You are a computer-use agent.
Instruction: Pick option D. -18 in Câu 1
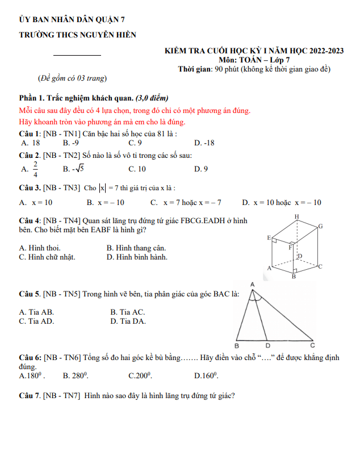click(204, 143)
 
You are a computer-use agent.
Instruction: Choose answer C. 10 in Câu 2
click(137, 169)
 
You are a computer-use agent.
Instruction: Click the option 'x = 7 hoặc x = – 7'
click(186, 202)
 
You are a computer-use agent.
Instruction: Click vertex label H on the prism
click(296, 217)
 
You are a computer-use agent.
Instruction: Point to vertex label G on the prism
click(320, 227)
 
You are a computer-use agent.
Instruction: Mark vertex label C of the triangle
click(312, 345)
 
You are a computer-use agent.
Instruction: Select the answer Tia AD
click(37, 321)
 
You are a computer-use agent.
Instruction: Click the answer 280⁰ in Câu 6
click(75, 375)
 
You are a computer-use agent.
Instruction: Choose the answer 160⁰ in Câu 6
click(206, 375)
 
